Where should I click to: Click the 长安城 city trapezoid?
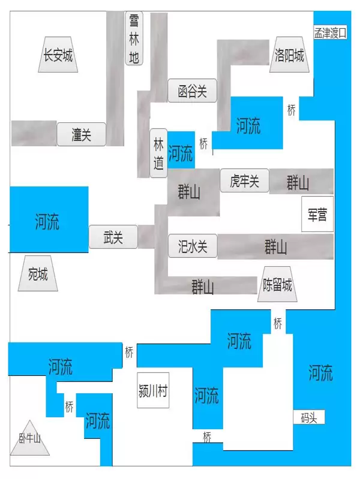(x=58, y=55)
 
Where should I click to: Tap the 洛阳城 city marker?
(x=289, y=55)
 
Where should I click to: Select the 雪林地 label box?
(x=134, y=38)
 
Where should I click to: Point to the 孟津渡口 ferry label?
(x=331, y=32)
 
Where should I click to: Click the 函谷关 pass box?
(x=193, y=91)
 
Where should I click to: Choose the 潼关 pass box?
(x=82, y=134)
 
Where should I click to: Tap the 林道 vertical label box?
(x=158, y=153)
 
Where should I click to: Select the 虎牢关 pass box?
(x=245, y=180)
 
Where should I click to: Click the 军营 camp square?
(x=317, y=214)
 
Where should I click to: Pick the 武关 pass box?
(x=113, y=237)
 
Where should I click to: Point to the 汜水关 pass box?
(x=193, y=246)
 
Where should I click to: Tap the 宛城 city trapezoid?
(x=38, y=273)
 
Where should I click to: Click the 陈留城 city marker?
(x=277, y=284)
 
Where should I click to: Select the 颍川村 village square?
(x=153, y=390)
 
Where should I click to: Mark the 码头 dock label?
(x=309, y=417)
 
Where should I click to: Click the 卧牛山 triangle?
(x=29, y=438)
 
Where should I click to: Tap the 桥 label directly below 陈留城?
(x=278, y=323)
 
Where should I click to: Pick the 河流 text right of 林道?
(x=181, y=153)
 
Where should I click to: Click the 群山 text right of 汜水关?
(x=276, y=246)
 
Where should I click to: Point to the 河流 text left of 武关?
(x=47, y=221)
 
